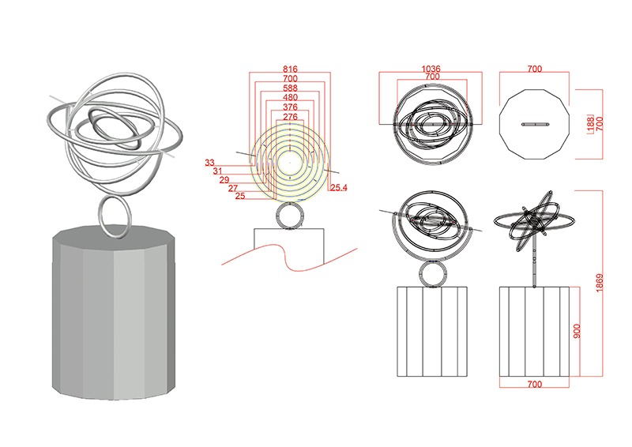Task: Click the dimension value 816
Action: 290,69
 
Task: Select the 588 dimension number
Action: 290,88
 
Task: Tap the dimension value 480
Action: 290,98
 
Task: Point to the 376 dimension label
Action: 290,107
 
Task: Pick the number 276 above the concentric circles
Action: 290,117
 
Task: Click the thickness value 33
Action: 209,163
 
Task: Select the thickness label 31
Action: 218,171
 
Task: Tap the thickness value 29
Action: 224,180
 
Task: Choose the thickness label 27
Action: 233,188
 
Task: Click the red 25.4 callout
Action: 339,187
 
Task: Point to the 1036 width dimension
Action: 431,69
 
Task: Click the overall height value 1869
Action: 600,283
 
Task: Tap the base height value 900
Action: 577,332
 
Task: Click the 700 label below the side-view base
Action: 535,385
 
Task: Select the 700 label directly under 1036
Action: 432,76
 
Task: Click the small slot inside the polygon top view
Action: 535,124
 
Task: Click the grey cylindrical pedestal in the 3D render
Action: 114,313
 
